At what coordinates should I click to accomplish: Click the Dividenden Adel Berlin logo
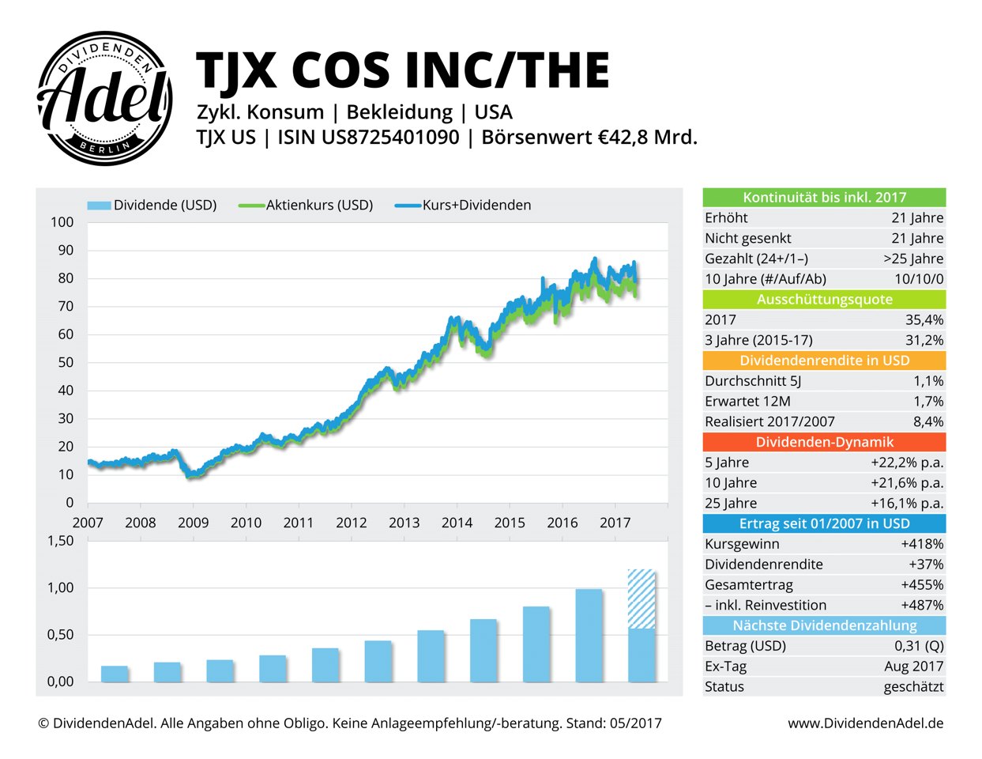click(105, 99)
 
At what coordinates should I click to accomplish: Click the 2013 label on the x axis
click(404, 523)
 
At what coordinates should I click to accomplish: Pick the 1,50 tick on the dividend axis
click(60, 542)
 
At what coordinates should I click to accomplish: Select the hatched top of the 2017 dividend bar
click(641, 599)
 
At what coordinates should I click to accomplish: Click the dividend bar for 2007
click(115, 674)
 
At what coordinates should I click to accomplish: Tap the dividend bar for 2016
click(589, 635)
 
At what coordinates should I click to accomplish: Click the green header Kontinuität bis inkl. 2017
click(824, 198)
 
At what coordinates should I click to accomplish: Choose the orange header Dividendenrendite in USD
click(824, 361)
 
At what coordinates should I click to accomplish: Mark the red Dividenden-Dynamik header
click(824, 442)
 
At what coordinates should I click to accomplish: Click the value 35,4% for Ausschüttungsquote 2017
click(924, 320)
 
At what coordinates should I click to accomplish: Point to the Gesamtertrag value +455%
click(922, 585)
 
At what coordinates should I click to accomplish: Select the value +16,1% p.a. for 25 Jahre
click(907, 504)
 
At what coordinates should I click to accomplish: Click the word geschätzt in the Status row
click(913, 687)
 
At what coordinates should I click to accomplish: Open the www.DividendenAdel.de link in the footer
click(865, 723)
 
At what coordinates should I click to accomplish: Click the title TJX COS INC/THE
click(403, 70)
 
